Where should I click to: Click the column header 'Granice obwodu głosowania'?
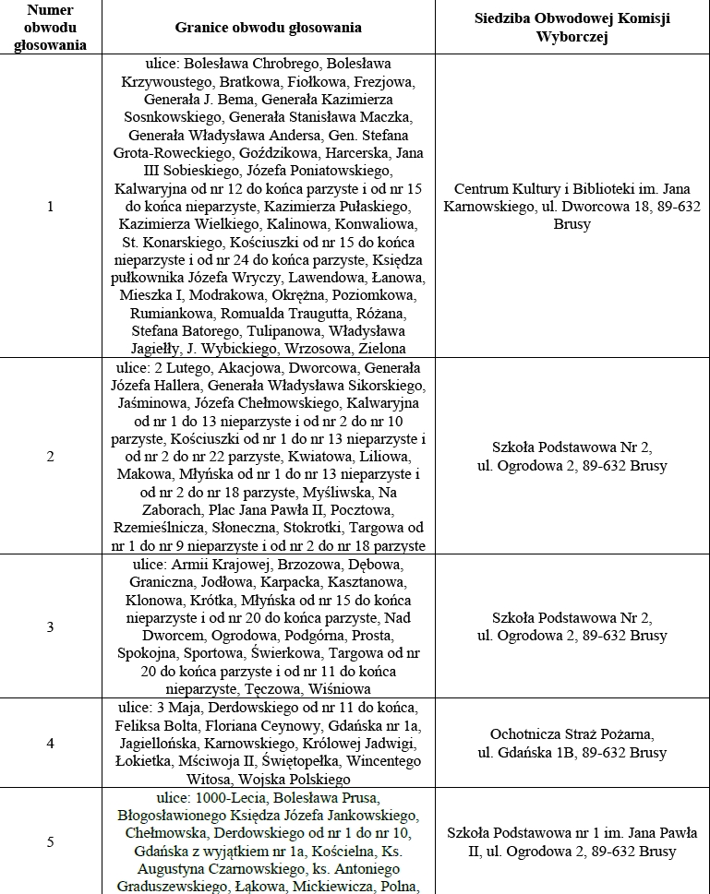pos(268,28)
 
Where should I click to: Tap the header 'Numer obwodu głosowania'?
pos(51,28)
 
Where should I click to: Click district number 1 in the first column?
pos(50,207)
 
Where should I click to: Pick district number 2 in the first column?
pos(50,456)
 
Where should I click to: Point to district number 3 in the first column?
pos(50,626)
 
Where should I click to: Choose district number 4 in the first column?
pos(50,743)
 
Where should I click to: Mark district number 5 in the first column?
pos(50,840)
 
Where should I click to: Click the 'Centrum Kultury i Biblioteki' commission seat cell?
pos(572,207)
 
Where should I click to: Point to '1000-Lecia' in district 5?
pos(230,796)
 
